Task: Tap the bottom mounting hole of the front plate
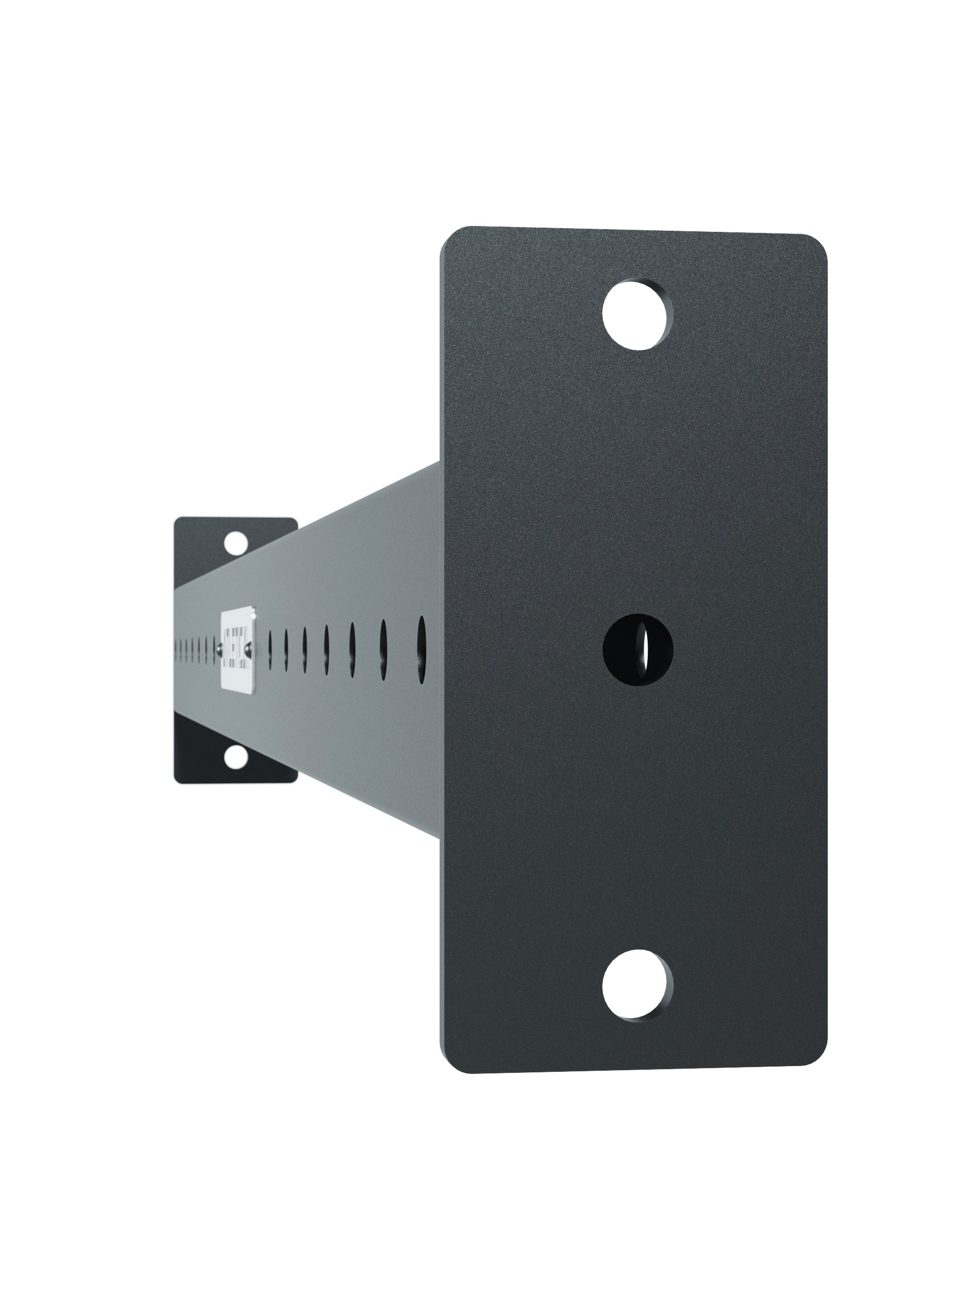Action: pyautogui.click(x=637, y=985)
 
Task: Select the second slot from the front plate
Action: pyautogui.click(x=383, y=650)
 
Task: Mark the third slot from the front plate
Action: pyautogui.click(x=353, y=650)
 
